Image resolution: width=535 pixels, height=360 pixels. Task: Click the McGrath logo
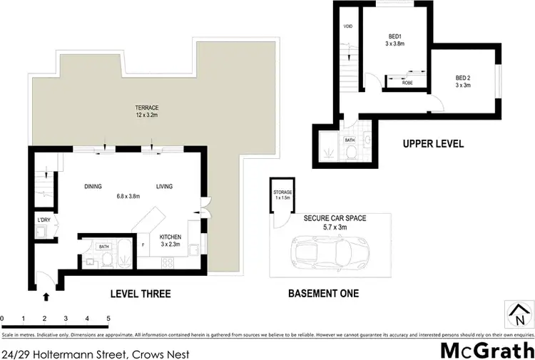[486, 350]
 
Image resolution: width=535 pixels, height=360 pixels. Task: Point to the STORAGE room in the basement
[282, 196]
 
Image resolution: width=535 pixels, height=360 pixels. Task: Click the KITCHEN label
[170, 237]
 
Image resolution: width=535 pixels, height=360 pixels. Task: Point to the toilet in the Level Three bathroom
[104, 260]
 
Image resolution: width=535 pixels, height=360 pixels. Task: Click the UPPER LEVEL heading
[433, 144]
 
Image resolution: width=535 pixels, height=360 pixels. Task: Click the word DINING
[93, 187]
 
